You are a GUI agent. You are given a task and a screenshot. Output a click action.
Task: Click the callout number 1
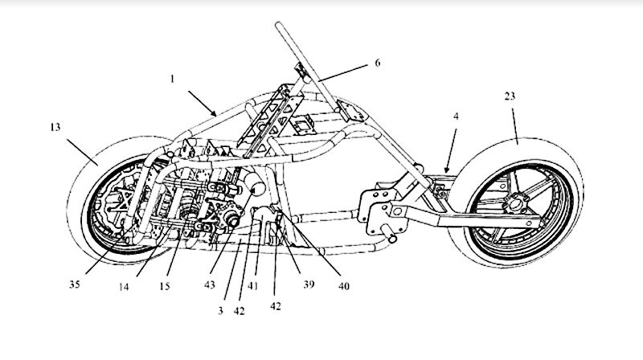pyautogui.click(x=173, y=79)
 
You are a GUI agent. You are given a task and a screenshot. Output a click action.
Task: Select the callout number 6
pyautogui.click(x=378, y=63)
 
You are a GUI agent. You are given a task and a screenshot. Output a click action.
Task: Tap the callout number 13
pyautogui.click(x=55, y=127)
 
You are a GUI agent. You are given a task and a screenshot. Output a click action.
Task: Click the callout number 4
pyautogui.click(x=456, y=117)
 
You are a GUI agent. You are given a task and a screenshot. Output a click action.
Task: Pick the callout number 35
pyautogui.click(x=75, y=284)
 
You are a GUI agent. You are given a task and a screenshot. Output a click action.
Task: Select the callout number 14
pyautogui.click(x=124, y=287)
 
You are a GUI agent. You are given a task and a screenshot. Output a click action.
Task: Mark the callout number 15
pyautogui.click(x=165, y=286)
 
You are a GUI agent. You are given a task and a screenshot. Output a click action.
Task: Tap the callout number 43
pyautogui.click(x=210, y=284)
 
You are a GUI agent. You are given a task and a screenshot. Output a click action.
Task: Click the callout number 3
pyautogui.click(x=220, y=311)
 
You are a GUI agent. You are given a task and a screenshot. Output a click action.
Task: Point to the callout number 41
pyautogui.click(x=253, y=286)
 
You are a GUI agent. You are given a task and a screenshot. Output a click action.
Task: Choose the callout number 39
pyautogui.click(x=309, y=284)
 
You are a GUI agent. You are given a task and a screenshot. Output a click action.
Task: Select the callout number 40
pyautogui.click(x=344, y=286)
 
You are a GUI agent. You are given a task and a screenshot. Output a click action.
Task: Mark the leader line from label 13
pyautogui.click(x=83, y=152)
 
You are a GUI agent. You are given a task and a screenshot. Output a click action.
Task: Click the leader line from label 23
pyautogui.click(x=515, y=125)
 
